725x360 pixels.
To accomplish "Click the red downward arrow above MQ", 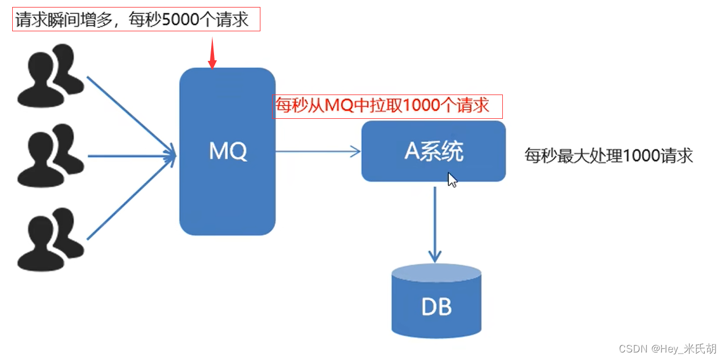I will coord(212,53).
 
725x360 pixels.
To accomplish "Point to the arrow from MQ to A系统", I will coord(318,152).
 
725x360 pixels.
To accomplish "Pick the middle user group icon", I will coord(49,157).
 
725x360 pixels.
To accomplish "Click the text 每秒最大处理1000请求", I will coord(609,156).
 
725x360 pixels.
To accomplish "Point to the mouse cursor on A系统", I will coord(452,180).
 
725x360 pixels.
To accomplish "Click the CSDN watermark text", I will coord(667,348).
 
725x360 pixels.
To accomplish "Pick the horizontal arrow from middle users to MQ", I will coord(130,155).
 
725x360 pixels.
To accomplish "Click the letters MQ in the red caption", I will coord(338,106).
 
